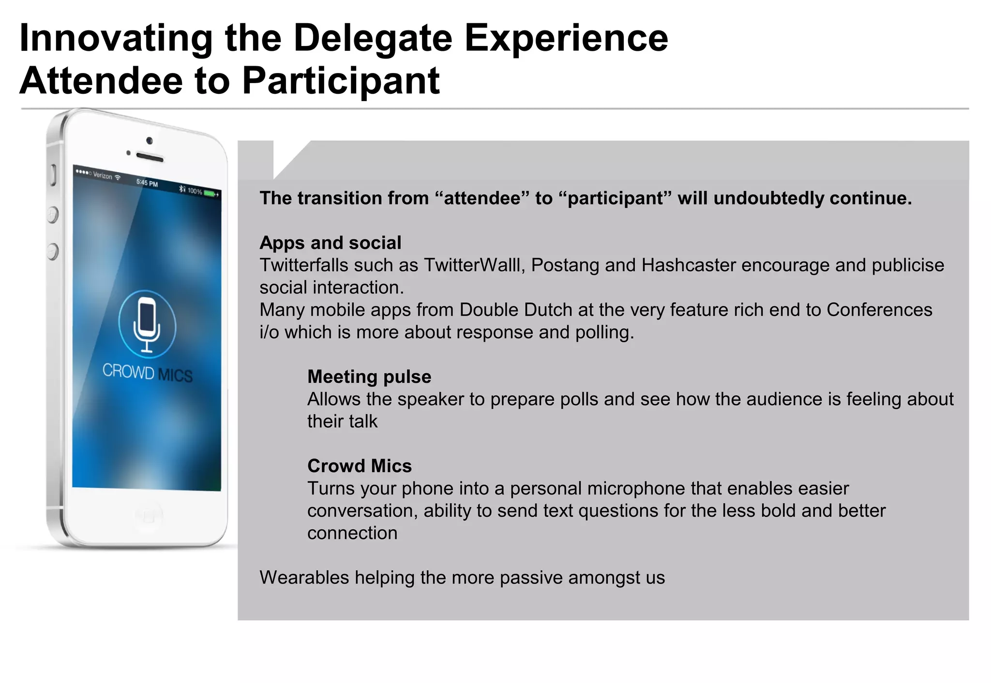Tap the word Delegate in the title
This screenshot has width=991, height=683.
(x=373, y=39)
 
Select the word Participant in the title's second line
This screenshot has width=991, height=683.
(x=341, y=81)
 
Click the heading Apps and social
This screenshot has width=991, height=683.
(x=330, y=243)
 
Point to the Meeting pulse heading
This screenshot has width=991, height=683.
(x=369, y=377)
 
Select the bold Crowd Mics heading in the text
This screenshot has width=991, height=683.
(x=360, y=466)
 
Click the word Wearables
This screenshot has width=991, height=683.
(x=304, y=578)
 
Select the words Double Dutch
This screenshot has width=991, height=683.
(x=516, y=310)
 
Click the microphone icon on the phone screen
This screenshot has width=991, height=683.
(x=147, y=323)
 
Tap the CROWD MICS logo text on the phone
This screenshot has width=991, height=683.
(x=148, y=373)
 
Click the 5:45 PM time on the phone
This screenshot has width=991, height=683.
(x=147, y=183)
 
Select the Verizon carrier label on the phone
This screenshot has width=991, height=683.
(x=102, y=175)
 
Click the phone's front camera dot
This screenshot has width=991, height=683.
(x=150, y=141)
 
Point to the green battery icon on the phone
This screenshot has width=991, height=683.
(x=210, y=193)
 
